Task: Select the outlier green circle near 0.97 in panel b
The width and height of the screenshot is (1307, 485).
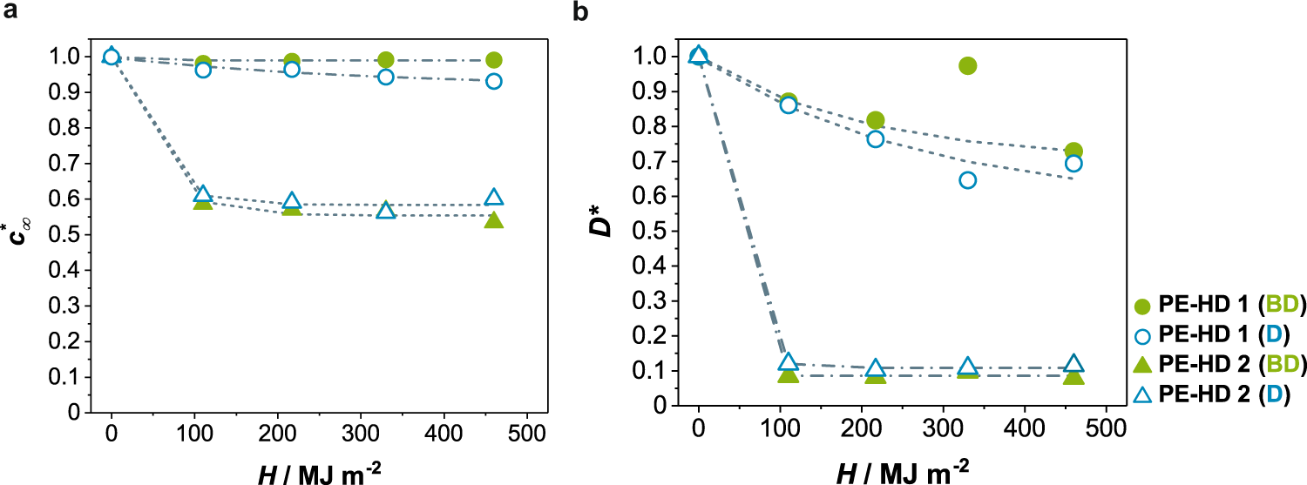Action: (x=967, y=65)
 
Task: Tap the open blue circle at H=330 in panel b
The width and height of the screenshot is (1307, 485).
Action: (x=967, y=180)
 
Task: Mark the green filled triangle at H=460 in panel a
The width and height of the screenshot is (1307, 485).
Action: (x=493, y=219)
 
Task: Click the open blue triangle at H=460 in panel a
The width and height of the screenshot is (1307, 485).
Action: (x=493, y=197)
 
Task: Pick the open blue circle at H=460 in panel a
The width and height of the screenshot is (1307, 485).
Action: (x=493, y=81)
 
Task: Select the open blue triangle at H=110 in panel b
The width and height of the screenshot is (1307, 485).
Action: (x=788, y=362)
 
